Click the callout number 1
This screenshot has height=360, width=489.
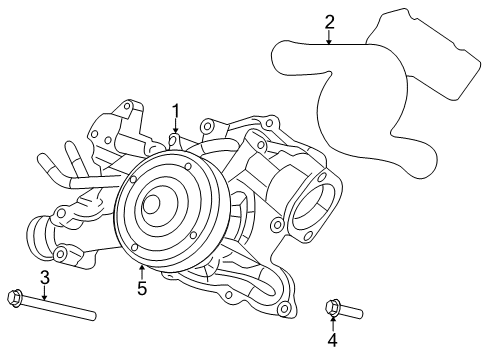coord(175,110)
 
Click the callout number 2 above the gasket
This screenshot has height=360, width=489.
coord(329,22)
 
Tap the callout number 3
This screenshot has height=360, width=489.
coord(44,276)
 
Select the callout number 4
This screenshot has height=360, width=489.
coord(332,340)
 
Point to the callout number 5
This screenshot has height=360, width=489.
coord(142,288)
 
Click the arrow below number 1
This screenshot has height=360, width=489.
coord(175,126)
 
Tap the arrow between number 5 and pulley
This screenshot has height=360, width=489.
coord(142,270)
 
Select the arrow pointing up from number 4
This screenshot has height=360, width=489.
coord(332,322)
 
